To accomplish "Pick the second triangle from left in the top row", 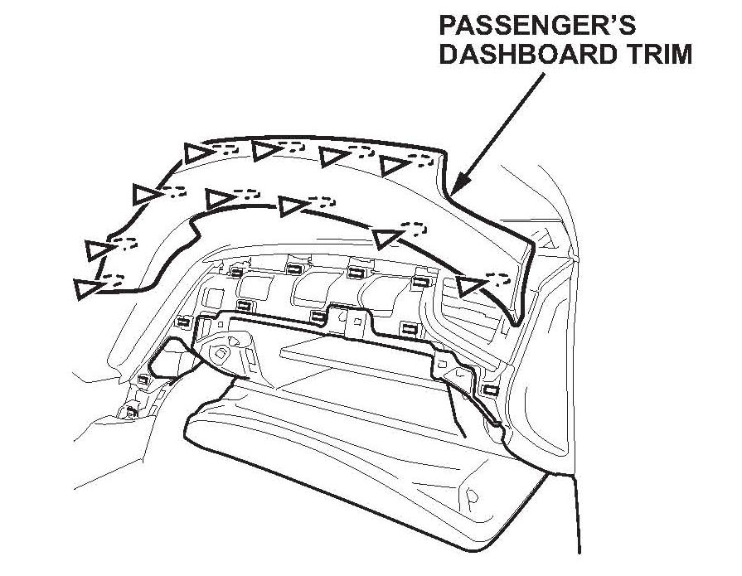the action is pyautogui.click(x=265, y=150).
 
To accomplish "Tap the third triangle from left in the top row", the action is pyautogui.click(x=332, y=156).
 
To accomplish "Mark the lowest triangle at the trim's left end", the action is pyautogui.click(x=86, y=288).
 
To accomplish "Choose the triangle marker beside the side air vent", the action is pyautogui.click(x=471, y=286).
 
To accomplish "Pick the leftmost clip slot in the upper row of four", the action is pyautogui.click(x=236, y=272).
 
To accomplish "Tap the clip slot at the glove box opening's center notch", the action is pyautogui.click(x=316, y=315).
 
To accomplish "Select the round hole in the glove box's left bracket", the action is pyautogui.click(x=221, y=353).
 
